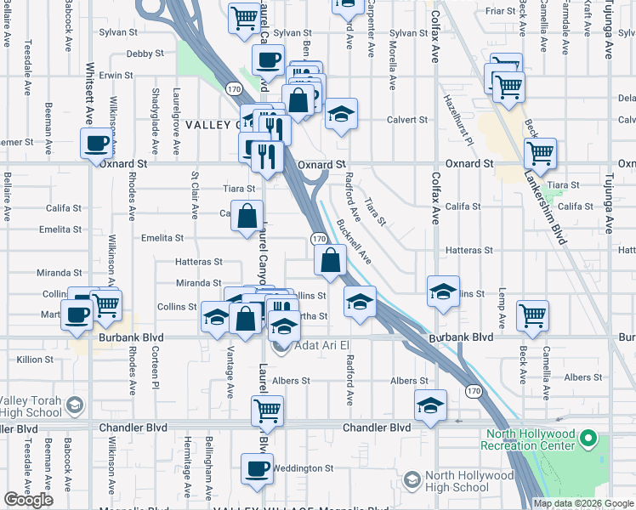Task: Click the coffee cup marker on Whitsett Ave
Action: pos(95,143)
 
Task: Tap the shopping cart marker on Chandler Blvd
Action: pos(267,411)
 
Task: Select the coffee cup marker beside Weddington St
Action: pos(257,468)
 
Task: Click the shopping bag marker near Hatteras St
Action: pos(331,260)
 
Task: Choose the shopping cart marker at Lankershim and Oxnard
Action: pos(540,153)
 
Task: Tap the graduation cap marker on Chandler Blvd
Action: pos(431,405)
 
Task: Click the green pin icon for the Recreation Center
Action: pos(590,439)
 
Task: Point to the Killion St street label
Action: pos(35,360)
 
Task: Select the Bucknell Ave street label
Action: pos(354,241)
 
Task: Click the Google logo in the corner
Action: pos(29,500)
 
